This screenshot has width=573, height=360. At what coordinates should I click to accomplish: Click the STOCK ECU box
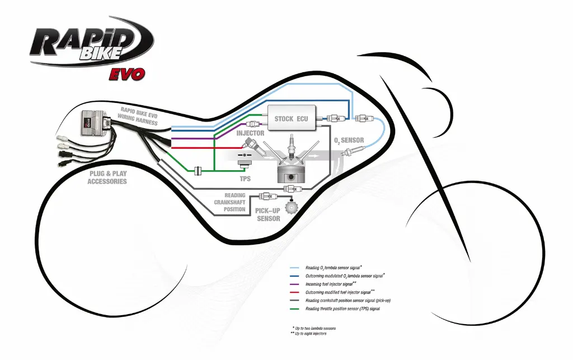(x=292, y=118)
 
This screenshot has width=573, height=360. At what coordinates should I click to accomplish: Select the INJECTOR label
(x=250, y=133)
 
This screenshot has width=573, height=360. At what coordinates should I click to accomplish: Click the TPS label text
(x=245, y=179)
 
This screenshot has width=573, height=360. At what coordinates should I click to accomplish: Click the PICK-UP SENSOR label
(x=268, y=214)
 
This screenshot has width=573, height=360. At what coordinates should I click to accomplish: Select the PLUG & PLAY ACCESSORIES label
(x=107, y=177)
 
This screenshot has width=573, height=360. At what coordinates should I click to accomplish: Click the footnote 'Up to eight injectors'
(x=311, y=334)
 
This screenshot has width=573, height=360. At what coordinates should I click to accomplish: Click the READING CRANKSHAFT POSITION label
(x=230, y=203)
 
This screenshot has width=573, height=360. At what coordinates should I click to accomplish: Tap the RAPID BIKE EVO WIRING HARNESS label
(x=138, y=115)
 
